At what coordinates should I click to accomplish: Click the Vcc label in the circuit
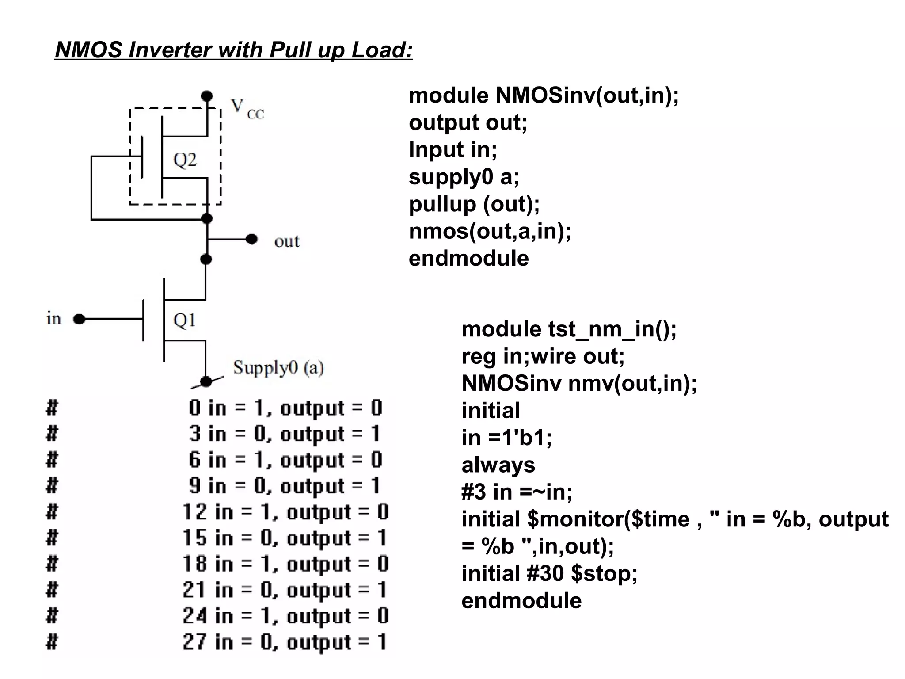click(x=247, y=108)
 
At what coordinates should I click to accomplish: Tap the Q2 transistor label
click(x=185, y=160)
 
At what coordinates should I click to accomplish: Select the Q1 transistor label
click(x=184, y=320)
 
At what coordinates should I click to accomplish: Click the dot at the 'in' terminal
click(x=79, y=319)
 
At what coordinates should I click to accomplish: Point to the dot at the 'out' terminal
click(x=251, y=239)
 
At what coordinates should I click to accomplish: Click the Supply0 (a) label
click(x=278, y=368)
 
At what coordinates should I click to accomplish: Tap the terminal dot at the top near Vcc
click(x=207, y=95)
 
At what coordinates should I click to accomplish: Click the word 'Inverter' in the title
click(x=170, y=50)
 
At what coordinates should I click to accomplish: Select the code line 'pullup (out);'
click(x=474, y=204)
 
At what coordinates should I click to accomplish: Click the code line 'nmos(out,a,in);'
click(x=490, y=231)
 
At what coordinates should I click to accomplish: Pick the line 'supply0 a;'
click(x=464, y=177)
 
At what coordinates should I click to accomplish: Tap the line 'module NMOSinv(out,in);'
click(x=543, y=95)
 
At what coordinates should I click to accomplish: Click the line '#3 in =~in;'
click(x=517, y=492)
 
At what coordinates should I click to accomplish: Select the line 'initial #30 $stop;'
click(x=549, y=574)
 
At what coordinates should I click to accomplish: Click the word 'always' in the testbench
click(x=498, y=465)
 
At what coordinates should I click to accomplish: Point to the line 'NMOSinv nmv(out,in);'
click(x=579, y=383)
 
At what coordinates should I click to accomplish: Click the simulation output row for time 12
click(x=285, y=512)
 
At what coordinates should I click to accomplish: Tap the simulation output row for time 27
click(x=285, y=642)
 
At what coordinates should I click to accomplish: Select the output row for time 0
click(x=285, y=408)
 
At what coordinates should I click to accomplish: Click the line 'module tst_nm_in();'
click(x=569, y=329)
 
